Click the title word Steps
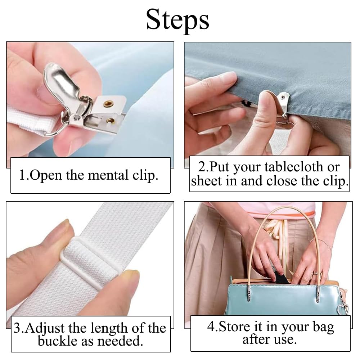[177, 20]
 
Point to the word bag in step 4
[323, 327]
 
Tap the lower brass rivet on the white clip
[111, 121]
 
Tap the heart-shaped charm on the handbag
[343, 307]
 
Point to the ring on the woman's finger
[316, 274]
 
